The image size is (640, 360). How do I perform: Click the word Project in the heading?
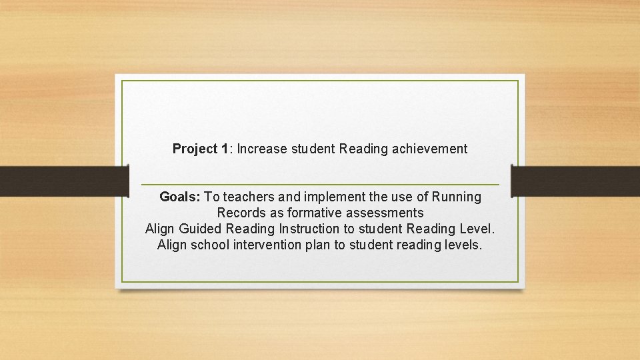coord(195,149)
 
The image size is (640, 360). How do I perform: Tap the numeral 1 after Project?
coord(225,149)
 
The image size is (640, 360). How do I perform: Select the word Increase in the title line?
coord(262,149)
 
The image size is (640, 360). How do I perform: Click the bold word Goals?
coord(180,197)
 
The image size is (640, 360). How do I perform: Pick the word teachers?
coord(249,197)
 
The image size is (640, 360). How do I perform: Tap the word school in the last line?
coord(211,245)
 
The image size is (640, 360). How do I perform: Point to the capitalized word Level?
coord(477,229)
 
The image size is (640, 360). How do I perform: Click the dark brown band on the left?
coord(63,181)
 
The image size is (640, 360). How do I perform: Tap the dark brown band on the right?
coord(576,181)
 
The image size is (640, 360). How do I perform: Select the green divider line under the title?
coord(320,185)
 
